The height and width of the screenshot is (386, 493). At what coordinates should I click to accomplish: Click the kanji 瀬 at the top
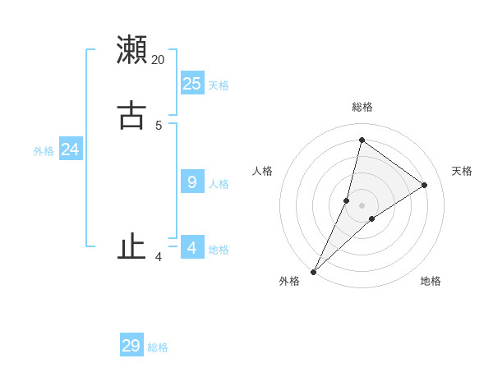tap(131, 49)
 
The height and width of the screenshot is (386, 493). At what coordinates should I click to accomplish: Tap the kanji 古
tap(131, 114)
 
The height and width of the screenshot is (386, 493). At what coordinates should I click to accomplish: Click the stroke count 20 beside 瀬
tap(158, 60)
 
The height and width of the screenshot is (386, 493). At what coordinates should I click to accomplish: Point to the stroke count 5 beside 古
tap(159, 126)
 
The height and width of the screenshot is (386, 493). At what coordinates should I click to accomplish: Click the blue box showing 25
tap(192, 83)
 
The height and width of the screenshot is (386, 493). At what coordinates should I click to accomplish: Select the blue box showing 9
tap(192, 182)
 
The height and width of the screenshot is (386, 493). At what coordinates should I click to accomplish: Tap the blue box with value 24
tap(70, 149)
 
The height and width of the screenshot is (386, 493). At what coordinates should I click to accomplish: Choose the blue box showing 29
tap(131, 346)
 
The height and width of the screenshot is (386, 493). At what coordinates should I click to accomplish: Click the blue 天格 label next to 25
tap(219, 85)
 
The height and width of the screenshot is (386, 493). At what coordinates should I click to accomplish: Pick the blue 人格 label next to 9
tap(219, 184)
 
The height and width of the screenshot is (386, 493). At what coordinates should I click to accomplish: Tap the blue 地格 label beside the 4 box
tap(219, 250)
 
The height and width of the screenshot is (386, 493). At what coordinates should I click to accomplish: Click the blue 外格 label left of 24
tap(44, 151)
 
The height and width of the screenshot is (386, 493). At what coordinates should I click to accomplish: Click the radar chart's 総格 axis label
tap(362, 107)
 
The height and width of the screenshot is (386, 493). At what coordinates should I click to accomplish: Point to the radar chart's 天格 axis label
tap(462, 171)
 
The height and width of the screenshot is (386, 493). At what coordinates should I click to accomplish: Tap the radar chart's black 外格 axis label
tap(289, 282)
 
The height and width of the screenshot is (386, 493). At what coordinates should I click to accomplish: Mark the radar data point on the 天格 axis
tap(424, 185)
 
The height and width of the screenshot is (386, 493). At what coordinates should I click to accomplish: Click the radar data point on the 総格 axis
tap(362, 140)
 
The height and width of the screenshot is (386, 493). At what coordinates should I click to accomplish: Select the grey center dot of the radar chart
tap(362, 204)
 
